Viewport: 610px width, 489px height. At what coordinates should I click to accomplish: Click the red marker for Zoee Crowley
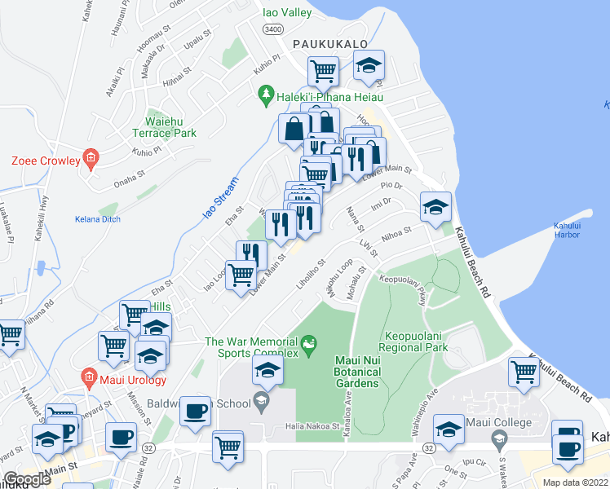coord(91,160)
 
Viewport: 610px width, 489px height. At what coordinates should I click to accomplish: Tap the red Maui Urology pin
coord(89,377)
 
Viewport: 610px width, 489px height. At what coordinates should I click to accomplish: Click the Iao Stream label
coord(211,203)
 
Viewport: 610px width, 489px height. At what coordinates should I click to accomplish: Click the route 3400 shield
coord(272,29)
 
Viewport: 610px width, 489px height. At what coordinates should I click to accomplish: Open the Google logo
coord(26,479)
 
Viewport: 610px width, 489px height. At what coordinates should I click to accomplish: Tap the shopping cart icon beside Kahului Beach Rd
coord(524,371)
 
